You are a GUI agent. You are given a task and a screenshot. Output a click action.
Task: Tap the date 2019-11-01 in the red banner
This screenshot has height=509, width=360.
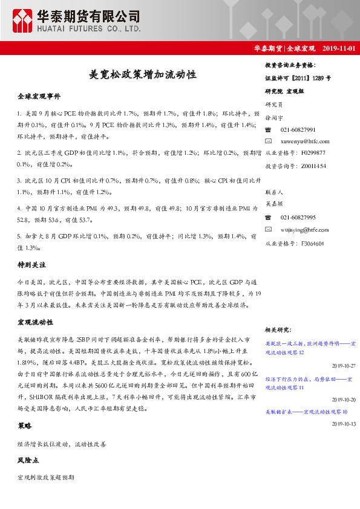click(x=339, y=48)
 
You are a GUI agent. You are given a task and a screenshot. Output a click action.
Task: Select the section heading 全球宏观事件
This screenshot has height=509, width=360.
click(x=39, y=96)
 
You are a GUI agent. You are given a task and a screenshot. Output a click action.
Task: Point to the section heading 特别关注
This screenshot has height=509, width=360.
click(x=32, y=265)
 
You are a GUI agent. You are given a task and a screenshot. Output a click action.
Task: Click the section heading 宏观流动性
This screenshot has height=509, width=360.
click(x=36, y=322)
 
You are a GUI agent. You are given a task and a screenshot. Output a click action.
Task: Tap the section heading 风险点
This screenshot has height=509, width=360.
click(x=28, y=461)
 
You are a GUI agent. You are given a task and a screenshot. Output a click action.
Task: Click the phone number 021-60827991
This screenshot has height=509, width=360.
click(x=298, y=130)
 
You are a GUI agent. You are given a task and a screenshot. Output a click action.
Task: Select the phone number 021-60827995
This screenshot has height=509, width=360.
click(x=298, y=217)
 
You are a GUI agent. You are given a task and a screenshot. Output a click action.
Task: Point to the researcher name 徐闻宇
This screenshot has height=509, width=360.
click(x=274, y=118)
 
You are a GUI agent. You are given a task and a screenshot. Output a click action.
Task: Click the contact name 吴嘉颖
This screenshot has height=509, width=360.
click(x=274, y=204)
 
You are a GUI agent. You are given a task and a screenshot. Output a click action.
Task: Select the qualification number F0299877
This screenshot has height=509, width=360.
click(x=313, y=153)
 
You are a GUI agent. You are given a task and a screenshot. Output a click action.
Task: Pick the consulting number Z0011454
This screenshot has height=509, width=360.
click(x=313, y=165)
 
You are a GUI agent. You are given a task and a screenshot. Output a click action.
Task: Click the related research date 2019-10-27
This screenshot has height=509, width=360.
click(x=342, y=366)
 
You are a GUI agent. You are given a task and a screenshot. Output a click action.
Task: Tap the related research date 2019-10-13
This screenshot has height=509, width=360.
click(x=342, y=424)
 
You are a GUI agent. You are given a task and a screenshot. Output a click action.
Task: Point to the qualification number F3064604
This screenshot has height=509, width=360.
click(x=312, y=244)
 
